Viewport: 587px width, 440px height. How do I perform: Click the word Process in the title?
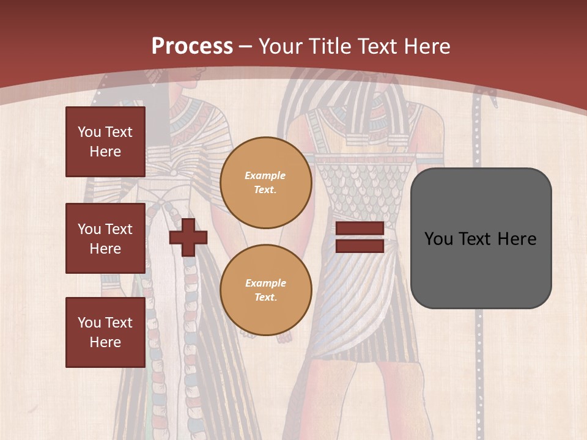[x=192, y=46]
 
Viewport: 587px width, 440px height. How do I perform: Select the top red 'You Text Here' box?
[x=105, y=142]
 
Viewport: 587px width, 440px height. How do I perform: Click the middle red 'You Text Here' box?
[x=105, y=238]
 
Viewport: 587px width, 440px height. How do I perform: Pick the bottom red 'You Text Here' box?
[x=105, y=332]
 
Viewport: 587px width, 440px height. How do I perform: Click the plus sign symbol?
[x=188, y=237]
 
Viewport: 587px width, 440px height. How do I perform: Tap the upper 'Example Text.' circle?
[x=266, y=183]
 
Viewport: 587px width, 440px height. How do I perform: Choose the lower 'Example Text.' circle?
[x=266, y=290]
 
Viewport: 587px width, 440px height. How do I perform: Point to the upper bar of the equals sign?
[x=360, y=229]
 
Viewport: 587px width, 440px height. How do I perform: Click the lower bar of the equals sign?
[x=360, y=246]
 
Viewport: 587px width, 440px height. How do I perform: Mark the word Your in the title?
[x=280, y=46]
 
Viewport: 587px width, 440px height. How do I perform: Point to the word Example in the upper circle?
[x=265, y=175]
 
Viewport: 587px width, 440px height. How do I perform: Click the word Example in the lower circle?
[x=265, y=283]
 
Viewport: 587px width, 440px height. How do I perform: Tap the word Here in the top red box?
[x=105, y=152]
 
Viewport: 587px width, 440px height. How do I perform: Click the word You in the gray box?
[x=438, y=239]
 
